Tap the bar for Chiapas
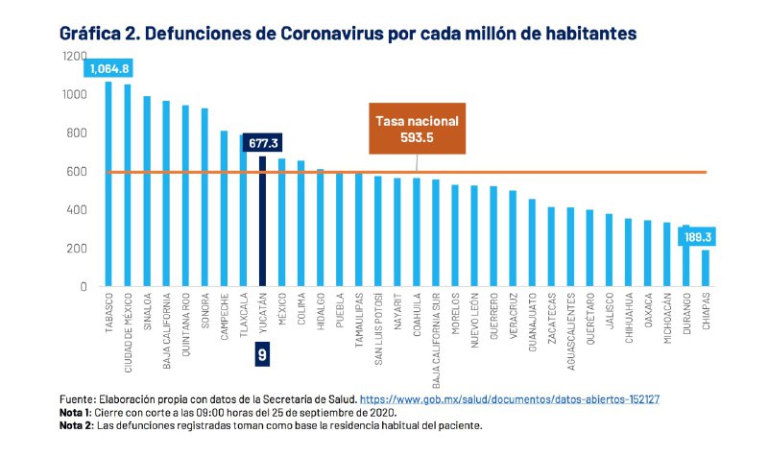click(x=706, y=268)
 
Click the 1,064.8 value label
click(x=109, y=68)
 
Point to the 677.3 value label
click(x=261, y=143)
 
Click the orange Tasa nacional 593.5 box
click(x=417, y=129)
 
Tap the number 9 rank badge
click(x=261, y=354)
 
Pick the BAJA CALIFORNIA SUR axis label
click(x=435, y=332)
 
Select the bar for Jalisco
click(x=609, y=250)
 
